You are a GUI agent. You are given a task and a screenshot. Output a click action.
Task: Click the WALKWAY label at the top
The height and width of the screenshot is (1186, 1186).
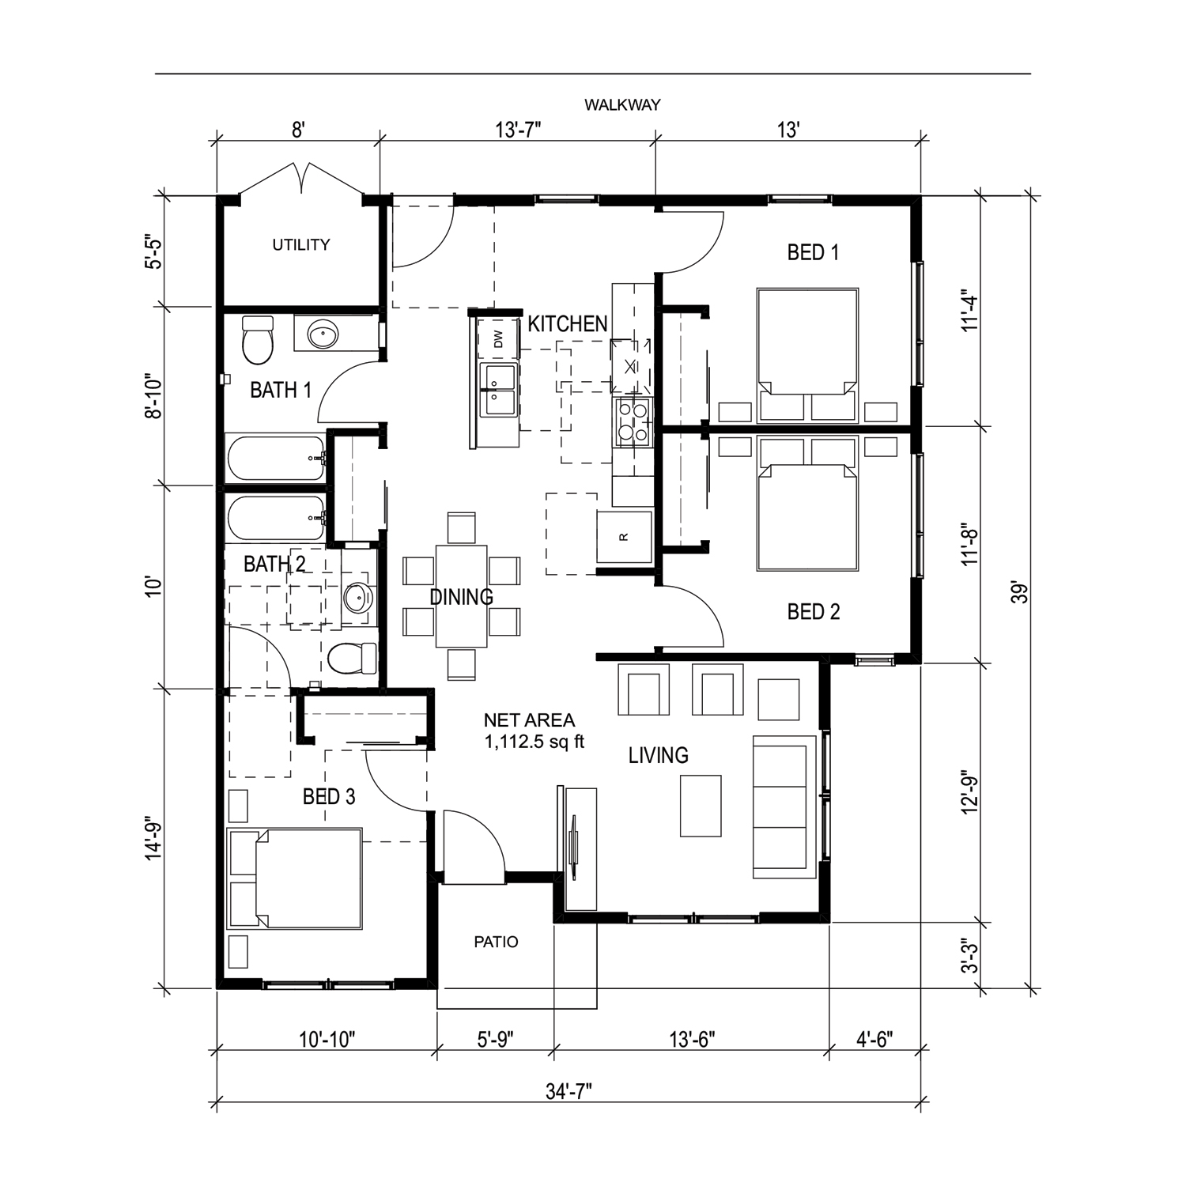[x=622, y=104]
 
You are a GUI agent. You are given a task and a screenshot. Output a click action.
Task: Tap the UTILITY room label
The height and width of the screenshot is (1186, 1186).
[x=301, y=245]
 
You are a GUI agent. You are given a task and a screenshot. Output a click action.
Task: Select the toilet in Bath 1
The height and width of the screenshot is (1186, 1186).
[x=257, y=339]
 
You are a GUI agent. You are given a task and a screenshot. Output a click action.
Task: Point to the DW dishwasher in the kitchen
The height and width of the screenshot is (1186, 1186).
[x=498, y=339]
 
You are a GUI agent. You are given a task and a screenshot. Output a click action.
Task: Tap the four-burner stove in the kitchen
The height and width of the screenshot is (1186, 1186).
[x=633, y=421]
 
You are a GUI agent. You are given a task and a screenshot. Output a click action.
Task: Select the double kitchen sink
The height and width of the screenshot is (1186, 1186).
[x=498, y=391]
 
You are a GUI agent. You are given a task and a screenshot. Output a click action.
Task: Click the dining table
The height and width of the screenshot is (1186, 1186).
[x=462, y=596]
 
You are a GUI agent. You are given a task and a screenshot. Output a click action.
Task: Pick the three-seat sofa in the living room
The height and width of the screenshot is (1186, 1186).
[x=784, y=806]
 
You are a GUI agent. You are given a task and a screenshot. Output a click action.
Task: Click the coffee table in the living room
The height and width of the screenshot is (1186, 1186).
[x=701, y=806]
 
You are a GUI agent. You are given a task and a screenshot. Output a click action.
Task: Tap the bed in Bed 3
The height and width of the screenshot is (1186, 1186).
[x=294, y=878]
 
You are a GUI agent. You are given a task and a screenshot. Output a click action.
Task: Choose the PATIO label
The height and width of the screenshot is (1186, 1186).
[x=497, y=942]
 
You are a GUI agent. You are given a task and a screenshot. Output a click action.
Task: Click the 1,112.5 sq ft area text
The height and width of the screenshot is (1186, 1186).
[x=534, y=743]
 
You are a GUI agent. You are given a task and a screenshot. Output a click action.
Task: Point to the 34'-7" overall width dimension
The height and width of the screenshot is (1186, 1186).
[x=568, y=1092]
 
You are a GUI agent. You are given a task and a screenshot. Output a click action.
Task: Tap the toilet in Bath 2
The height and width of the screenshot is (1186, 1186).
[x=353, y=658]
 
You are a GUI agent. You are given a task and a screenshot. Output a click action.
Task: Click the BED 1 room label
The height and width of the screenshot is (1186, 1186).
[x=813, y=253]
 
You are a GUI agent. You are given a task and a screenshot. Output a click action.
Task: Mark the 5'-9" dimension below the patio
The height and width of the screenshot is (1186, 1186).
[x=495, y=1039]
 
